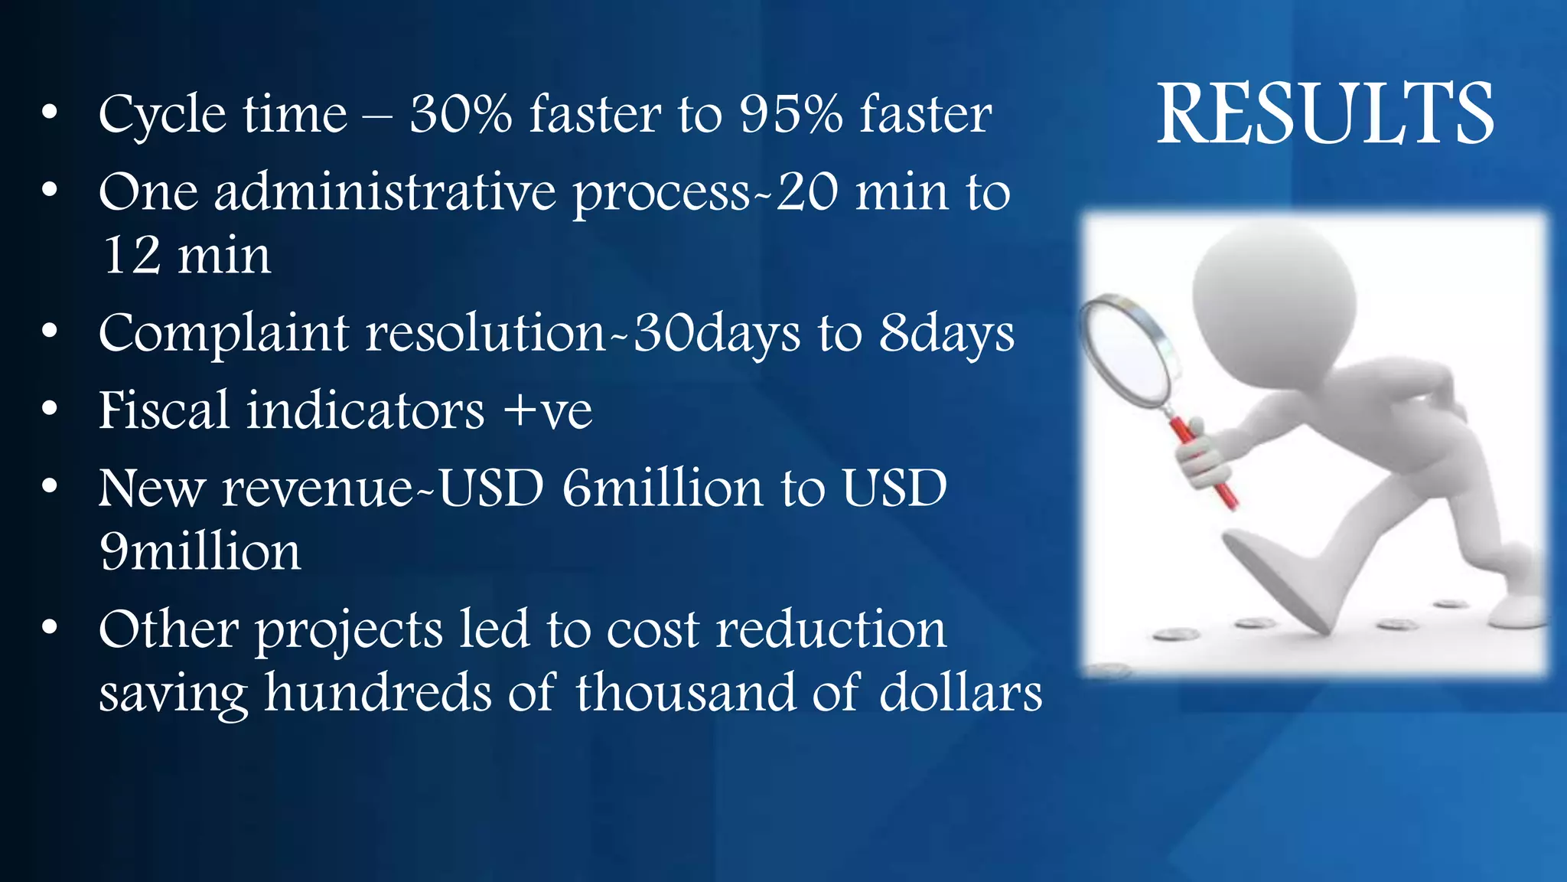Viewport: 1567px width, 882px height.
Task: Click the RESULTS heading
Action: click(x=1324, y=114)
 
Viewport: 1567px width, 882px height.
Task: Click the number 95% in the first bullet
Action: click(x=790, y=115)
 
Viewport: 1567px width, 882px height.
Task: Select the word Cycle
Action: click(x=162, y=115)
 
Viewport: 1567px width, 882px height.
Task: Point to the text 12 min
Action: click(x=186, y=255)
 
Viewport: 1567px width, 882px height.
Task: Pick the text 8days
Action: click(x=946, y=334)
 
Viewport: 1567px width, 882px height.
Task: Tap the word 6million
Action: click(x=663, y=488)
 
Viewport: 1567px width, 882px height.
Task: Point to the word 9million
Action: click(x=200, y=551)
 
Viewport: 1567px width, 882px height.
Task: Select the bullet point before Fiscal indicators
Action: click(x=50, y=410)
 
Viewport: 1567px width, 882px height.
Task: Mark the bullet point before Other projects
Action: click(x=50, y=628)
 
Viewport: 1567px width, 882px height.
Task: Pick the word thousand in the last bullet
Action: click(x=685, y=692)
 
